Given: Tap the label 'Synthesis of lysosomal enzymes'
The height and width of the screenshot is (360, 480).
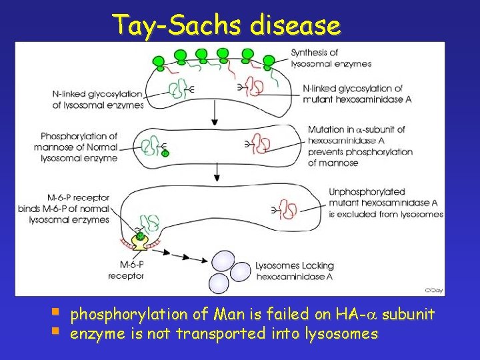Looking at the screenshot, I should click(x=331, y=58).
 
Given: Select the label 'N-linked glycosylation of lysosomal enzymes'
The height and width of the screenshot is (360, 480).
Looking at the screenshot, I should click(x=98, y=99).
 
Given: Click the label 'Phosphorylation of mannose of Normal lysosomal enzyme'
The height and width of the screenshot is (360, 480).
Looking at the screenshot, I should click(x=79, y=147).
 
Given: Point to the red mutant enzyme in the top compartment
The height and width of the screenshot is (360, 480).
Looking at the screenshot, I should click(x=254, y=87).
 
